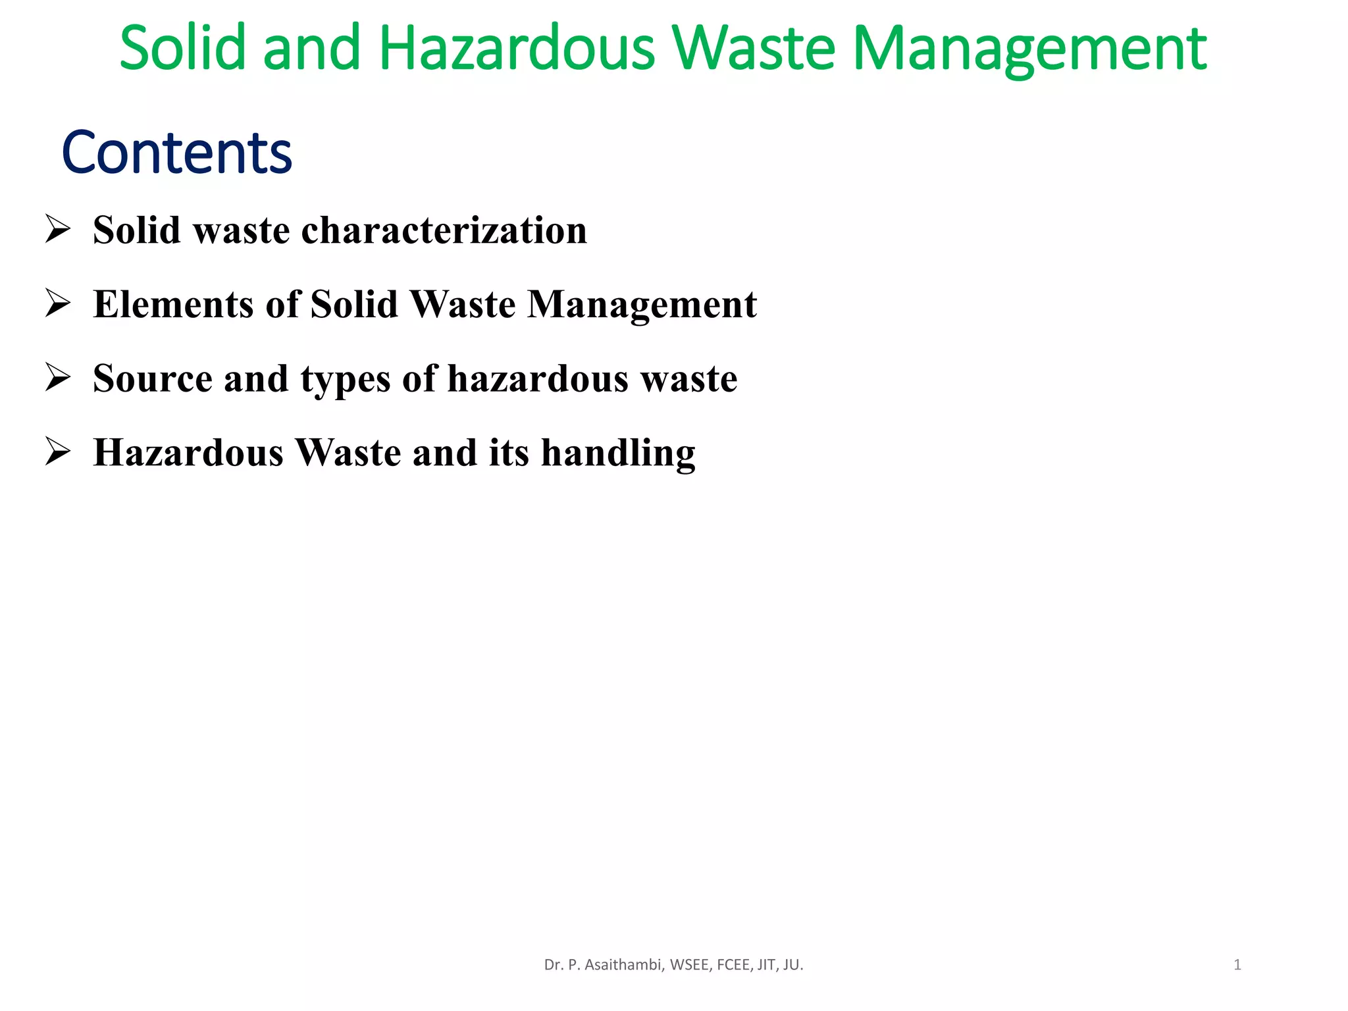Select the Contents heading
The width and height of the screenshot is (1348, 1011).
point(176,153)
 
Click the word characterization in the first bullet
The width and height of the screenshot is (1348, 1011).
point(444,230)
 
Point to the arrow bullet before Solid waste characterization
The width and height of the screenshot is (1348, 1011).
point(58,230)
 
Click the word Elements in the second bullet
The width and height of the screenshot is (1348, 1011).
point(173,304)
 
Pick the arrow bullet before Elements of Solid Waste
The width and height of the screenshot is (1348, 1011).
point(58,304)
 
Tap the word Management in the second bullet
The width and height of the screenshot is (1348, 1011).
point(642,305)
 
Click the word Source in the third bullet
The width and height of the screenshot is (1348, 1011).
point(153,378)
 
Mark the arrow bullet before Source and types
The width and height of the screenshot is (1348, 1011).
point(58,378)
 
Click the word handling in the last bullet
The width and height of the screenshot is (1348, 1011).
point(618,454)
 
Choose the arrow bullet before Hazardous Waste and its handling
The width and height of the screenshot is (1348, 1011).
point(58,453)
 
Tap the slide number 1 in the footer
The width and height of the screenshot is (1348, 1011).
point(1237,965)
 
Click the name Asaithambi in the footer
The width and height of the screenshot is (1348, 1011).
point(624,965)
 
